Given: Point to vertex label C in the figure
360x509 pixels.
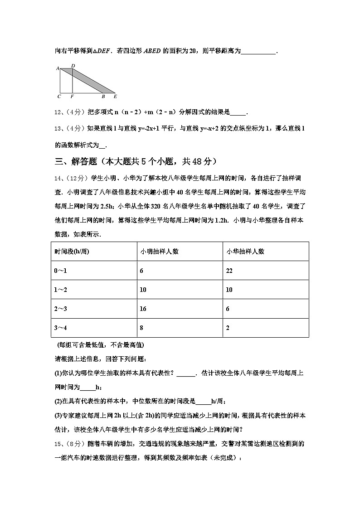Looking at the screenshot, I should click(x=59, y=97).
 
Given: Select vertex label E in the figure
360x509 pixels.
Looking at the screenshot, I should click(x=115, y=97).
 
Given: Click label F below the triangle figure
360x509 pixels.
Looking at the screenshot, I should click(x=73, y=97).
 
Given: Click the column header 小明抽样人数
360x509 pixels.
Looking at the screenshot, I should click(x=159, y=252).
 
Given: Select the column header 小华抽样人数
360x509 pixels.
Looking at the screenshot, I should click(x=245, y=252).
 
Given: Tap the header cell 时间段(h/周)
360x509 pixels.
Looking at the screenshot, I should click(x=72, y=252).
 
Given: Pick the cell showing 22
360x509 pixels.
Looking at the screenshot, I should click(x=230, y=271).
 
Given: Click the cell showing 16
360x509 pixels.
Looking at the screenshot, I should click(x=143, y=309).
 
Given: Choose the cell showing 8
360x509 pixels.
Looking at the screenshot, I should click(x=141, y=328).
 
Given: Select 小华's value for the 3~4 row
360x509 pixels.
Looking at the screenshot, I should click(x=228, y=328).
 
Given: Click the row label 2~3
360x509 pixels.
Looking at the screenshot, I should click(x=61, y=309).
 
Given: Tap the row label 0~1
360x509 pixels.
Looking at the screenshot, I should click(x=61, y=271).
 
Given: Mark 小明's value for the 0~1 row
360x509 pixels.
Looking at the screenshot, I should click(x=141, y=271).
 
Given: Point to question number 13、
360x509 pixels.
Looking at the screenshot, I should click(x=58, y=129).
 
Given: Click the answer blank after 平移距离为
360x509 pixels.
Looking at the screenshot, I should click(x=258, y=52).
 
